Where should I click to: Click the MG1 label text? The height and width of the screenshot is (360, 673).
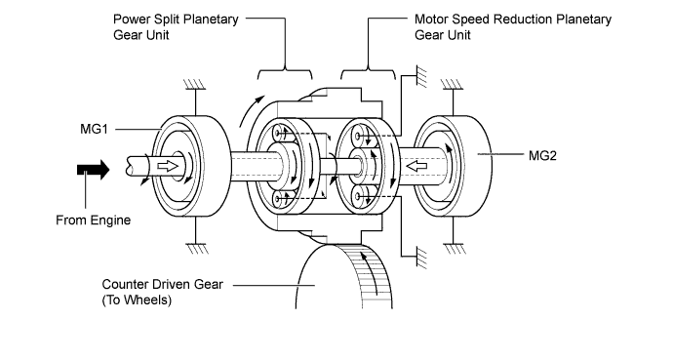pos(94,129)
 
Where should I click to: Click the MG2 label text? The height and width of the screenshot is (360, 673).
pos(542,155)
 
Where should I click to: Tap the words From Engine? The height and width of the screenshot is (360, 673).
pos(93,220)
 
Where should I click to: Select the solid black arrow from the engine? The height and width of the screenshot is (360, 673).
pos(93,170)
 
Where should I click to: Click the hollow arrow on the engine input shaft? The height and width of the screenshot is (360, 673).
pos(168,166)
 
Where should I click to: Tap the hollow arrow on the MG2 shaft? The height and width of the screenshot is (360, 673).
pos(416,166)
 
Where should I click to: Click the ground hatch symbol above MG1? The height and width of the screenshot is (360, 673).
pos(194,85)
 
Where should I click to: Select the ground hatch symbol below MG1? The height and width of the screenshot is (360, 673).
pos(197,249)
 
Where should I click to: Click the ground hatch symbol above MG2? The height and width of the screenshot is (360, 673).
pos(452,85)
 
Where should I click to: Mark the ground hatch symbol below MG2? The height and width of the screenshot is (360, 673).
pos(455,249)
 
